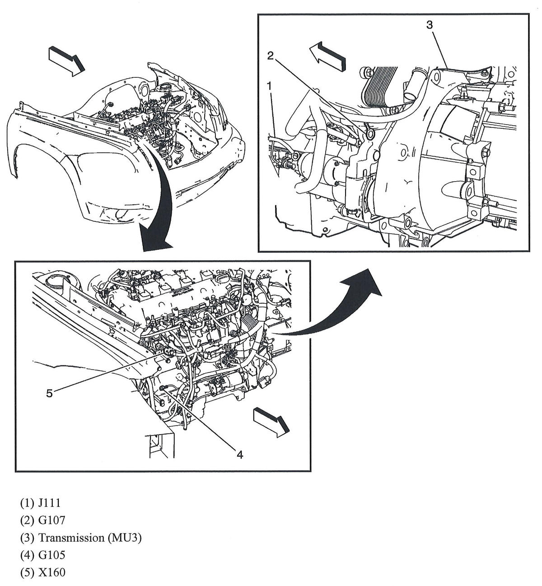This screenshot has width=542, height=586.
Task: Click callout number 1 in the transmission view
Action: click(x=269, y=85)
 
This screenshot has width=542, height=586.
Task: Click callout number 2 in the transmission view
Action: click(x=270, y=56)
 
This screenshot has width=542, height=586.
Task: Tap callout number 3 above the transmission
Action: click(x=429, y=25)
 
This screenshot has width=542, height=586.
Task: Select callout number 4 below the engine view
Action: click(x=240, y=455)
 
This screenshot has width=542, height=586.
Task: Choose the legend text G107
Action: click(x=52, y=520)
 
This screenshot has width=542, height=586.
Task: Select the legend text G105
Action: click(x=52, y=555)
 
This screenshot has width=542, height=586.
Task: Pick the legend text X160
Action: click(x=52, y=572)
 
